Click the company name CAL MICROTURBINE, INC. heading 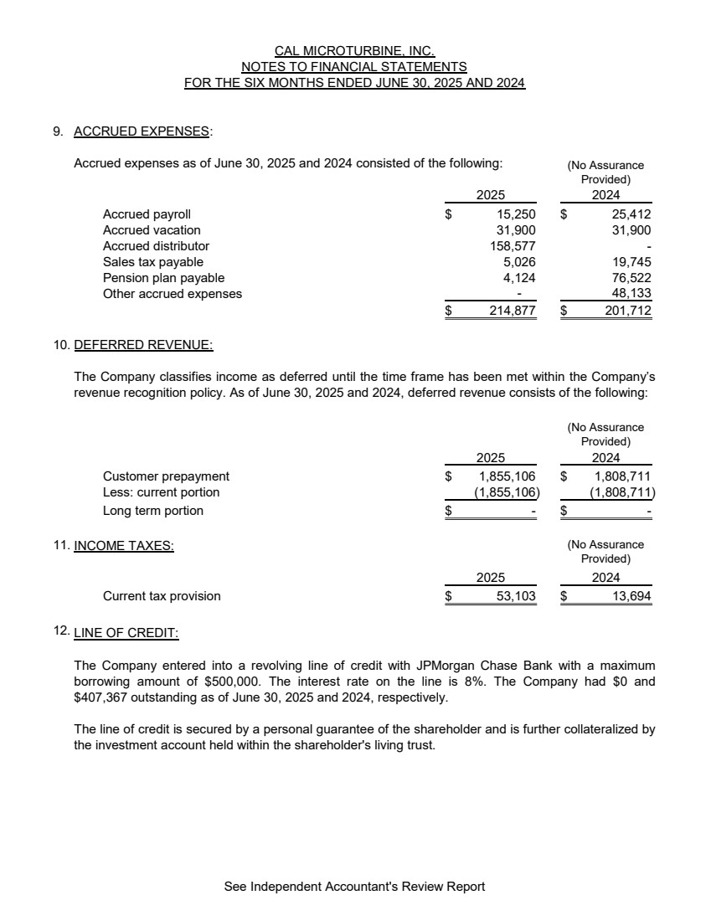click(354, 51)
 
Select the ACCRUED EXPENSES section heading click(142, 131)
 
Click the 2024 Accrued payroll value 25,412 click(631, 214)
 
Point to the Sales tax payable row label click(153, 262)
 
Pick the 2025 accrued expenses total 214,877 click(512, 311)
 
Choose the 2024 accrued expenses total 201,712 click(627, 311)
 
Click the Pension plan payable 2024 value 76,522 click(631, 278)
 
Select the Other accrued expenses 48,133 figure click(631, 294)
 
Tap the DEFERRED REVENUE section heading click(143, 344)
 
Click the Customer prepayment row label click(166, 476)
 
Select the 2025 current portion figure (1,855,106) click(507, 492)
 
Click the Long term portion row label click(153, 511)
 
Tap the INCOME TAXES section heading click(124, 546)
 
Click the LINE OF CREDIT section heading click(126, 633)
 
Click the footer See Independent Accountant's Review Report click(354, 886)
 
